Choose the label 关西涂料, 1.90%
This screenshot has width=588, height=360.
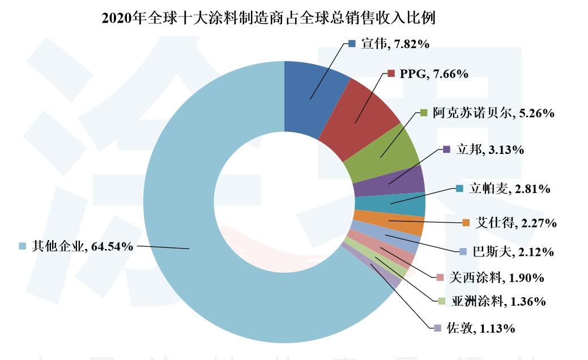pyautogui.click(x=496, y=278)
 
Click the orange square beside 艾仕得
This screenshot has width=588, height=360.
pyautogui.click(x=466, y=222)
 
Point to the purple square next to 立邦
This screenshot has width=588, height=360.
pyautogui.click(x=446, y=149)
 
